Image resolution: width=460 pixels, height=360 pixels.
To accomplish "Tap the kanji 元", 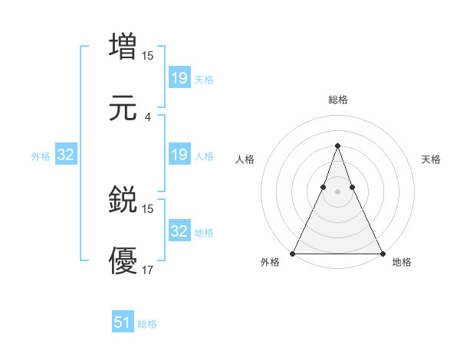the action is (123, 108).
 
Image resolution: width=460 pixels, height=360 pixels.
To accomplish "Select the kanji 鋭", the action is (123, 199).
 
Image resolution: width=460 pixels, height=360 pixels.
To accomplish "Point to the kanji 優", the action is (123, 260).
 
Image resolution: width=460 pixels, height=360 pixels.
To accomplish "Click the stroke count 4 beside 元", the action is (148, 117).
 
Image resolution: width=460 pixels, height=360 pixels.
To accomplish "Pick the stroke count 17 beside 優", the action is (148, 270).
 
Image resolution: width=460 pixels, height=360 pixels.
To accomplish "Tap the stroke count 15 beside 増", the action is (148, 55).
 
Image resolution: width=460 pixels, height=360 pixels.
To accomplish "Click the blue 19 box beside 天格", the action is (179, 77).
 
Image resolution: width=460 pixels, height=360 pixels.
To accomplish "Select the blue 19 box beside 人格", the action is (179, 155).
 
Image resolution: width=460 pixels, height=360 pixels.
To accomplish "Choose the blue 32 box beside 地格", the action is (179, 231).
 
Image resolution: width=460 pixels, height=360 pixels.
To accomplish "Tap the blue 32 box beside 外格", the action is (66, 155).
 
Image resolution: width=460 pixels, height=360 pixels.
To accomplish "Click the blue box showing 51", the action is (123, 322).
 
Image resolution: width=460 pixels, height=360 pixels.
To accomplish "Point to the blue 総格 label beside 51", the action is (147, 324).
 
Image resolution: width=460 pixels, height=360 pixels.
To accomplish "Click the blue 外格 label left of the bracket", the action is (41, 156).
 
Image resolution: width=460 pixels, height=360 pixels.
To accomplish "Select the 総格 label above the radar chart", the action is (338, 100).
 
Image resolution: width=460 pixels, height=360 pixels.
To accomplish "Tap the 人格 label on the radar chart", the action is (245, 159).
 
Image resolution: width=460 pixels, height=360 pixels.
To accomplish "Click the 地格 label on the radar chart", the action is (402, 263).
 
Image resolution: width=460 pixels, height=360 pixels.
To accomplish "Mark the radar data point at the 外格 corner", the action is (293, 253).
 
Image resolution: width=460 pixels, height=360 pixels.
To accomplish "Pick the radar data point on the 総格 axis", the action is (337, 146).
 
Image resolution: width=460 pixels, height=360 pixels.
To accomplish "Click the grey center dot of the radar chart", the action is (337, 191).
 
